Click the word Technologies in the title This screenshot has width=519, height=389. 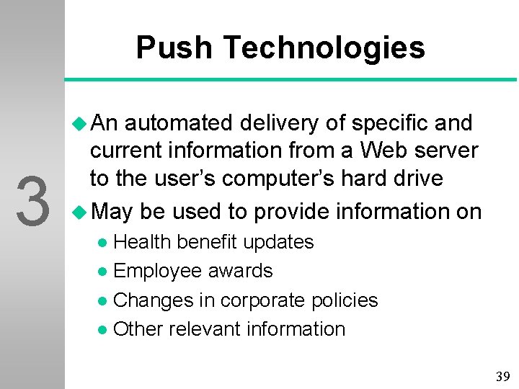pyautogui.click(x=324, y=48)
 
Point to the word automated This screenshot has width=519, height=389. pyautogui.click(x=178, y=123)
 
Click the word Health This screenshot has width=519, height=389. pyautogui.click(x=142, y=242)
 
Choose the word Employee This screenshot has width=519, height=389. pyautogui.click(x=158, y=272)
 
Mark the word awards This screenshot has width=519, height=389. pyautogui.click(x=241, y=271)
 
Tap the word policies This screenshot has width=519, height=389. pyautogui.click(x=345, y=300)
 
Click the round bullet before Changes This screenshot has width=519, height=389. pyautogui.click(x=105, y=301)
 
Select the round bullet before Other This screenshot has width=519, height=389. pyautogui.click(x=105, y=330)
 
